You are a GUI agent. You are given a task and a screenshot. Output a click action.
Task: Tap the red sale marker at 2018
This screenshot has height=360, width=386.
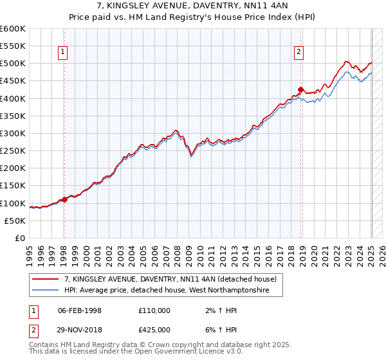(300, 90)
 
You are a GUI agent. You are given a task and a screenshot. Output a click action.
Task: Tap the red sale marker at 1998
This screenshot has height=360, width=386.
(64, 199)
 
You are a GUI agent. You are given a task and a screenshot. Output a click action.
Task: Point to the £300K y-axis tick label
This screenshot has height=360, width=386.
(13, 133)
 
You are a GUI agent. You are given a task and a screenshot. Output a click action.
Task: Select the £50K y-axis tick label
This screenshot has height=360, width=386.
(15, 221)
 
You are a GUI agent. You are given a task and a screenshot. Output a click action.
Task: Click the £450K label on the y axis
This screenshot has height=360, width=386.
(13, 81)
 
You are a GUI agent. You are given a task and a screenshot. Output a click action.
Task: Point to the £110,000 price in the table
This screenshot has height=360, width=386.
(154, 310)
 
